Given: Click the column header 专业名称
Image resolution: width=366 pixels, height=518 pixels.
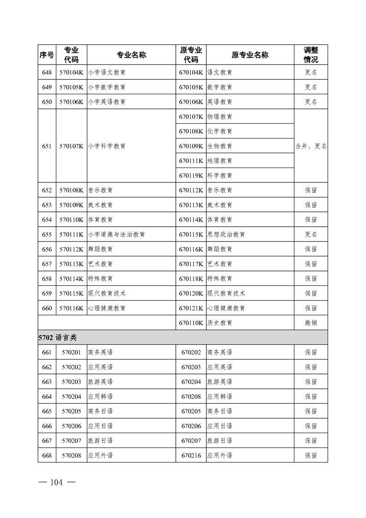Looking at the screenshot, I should [132, 55].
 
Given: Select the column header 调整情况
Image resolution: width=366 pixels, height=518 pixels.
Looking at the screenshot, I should [311, 55].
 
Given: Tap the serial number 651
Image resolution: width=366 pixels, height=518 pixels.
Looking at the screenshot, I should [47, 146].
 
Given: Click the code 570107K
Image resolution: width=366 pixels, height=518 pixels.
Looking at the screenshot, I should [71, 146].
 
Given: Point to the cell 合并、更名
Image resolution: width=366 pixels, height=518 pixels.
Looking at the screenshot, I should [311, 146].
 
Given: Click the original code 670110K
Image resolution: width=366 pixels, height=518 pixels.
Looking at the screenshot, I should [191, 323].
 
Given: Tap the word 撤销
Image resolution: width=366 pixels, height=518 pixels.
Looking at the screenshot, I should [311, 323].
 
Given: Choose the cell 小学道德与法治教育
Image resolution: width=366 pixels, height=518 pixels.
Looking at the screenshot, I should [116, 235].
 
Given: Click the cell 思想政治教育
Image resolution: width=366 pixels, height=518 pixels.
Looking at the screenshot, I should [226, 235].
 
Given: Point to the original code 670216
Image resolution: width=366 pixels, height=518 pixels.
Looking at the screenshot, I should [191, 456].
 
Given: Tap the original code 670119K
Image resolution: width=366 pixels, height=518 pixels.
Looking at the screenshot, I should [191, 175].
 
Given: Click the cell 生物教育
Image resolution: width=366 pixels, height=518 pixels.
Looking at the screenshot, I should [220, 146].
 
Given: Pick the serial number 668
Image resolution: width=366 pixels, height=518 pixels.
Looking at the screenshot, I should [47, 456].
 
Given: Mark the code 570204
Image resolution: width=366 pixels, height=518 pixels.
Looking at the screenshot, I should [71, 397].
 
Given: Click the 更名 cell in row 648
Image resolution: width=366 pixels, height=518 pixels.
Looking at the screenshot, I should [311, 72].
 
